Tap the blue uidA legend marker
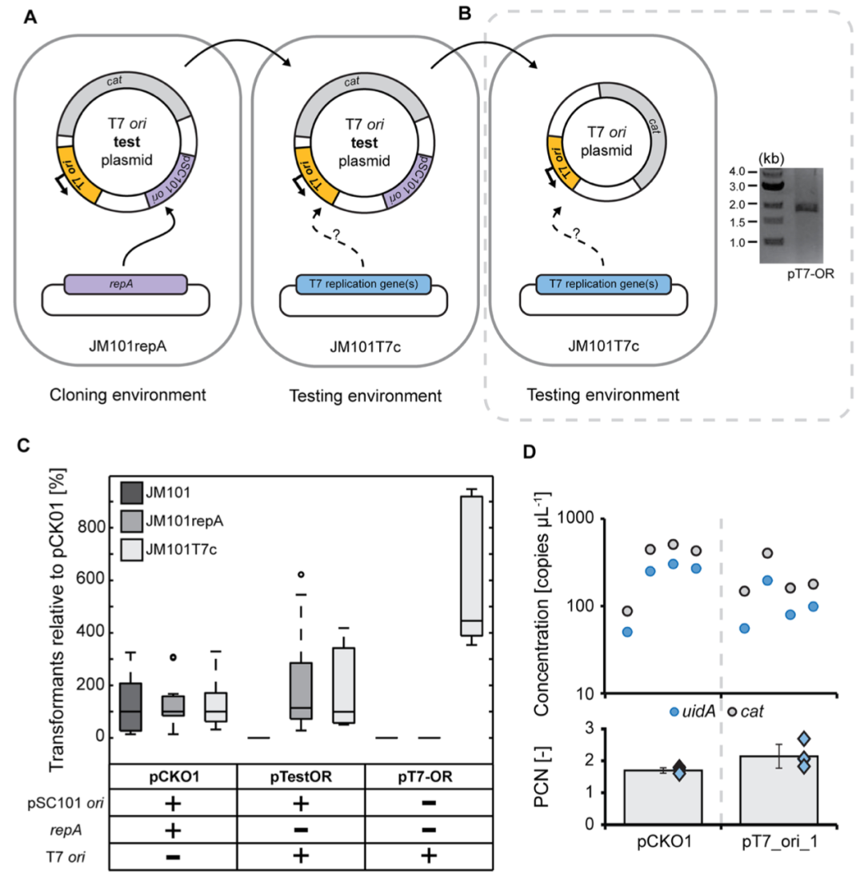click(x=676, y=711)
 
